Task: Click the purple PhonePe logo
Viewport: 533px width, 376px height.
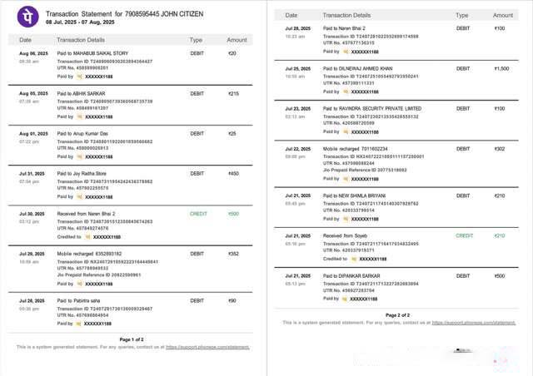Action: [x=29, y=17]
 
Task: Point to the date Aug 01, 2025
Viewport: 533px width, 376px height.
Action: [x=33, y=133]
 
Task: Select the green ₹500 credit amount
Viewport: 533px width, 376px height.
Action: [x=233, y=214]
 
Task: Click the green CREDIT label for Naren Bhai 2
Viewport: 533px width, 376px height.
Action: [x=198, y=214]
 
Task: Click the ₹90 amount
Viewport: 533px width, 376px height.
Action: [x=232, y=300]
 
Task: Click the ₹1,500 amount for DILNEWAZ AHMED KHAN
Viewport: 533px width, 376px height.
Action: [x=501, y=68]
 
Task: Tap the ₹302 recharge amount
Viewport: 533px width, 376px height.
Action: [x=500, y=149]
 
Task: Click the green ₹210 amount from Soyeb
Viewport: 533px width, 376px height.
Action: [x=500, y=235]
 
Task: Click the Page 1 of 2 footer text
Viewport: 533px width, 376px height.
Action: [x=132, y=339]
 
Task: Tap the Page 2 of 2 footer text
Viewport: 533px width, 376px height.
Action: [x=398, y=315]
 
